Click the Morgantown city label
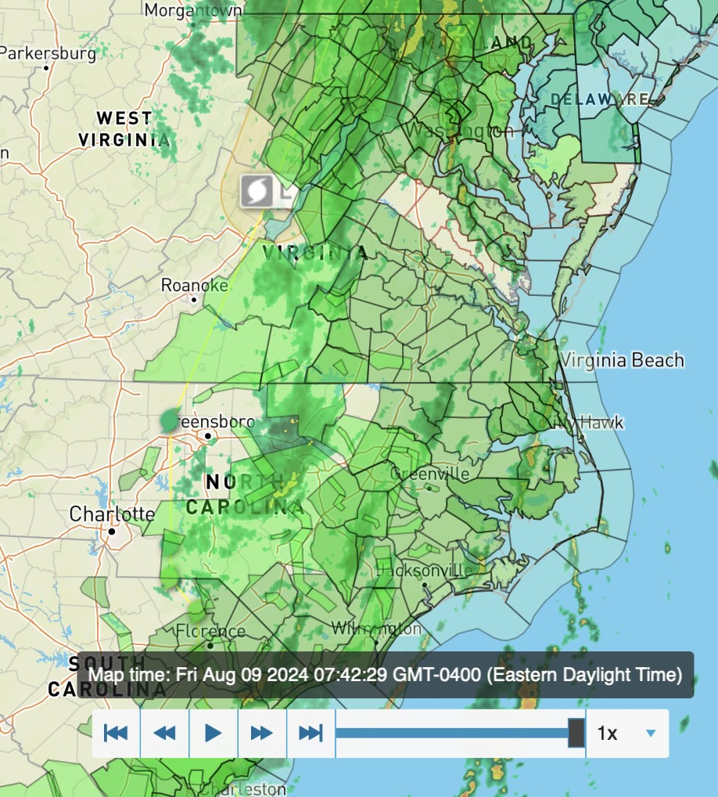[192, 10]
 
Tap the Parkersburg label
[48, 54]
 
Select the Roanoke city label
[195, 286]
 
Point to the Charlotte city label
[112, 514]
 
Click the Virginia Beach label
[622, 360]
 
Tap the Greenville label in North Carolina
[429, 474]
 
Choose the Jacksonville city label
[424, 571]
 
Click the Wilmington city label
[376, 629]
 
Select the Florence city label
[210, 632]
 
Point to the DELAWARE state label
[600, 99]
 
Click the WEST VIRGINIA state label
[124, 129]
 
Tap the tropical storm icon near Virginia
[257, 191]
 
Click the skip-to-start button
[116, 734]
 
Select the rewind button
[164, 734]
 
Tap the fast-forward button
[261, 734]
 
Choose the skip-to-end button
[311, 734]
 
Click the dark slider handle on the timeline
[576, 733]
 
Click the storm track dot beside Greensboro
[170, 420]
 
